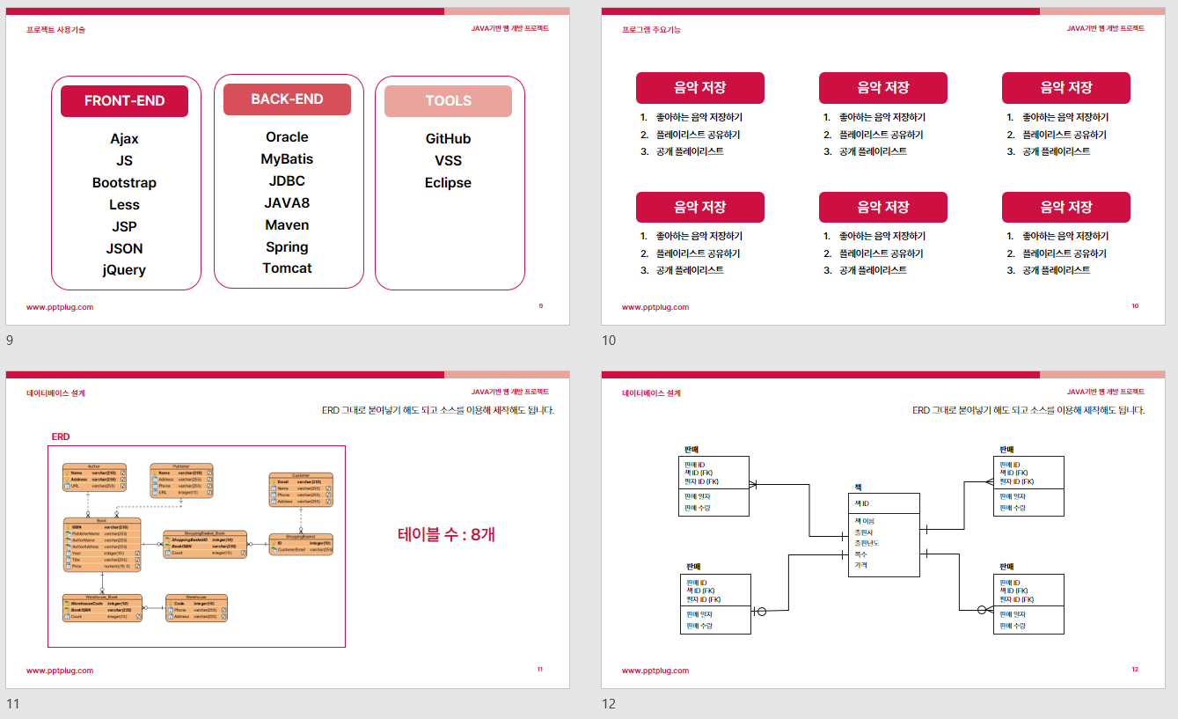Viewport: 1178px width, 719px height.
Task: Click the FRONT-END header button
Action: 124,101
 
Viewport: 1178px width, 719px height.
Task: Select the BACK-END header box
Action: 287,99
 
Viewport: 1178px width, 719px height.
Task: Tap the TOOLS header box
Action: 448,101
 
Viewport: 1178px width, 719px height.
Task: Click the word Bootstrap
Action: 124,183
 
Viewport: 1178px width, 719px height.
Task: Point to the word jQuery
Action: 124,270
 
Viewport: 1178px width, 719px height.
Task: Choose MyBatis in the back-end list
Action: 287,159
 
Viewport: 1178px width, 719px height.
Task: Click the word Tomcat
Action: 287,268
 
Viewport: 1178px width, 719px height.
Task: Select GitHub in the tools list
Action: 448,139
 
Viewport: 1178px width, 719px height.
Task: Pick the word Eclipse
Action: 448,183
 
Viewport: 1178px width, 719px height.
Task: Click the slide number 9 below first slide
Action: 10,341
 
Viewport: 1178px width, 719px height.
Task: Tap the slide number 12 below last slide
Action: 609,704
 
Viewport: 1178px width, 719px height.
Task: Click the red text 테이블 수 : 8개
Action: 446,534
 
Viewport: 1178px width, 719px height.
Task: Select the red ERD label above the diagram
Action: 61,437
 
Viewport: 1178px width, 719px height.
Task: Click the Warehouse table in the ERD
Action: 196,608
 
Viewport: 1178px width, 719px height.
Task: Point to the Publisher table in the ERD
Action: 181,481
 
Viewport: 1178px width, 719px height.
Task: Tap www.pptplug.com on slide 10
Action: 655,307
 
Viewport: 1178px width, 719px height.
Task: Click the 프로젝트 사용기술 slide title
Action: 55,30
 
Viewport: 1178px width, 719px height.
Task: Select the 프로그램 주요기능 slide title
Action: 651,30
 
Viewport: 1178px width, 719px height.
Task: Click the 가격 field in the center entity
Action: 860,566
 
